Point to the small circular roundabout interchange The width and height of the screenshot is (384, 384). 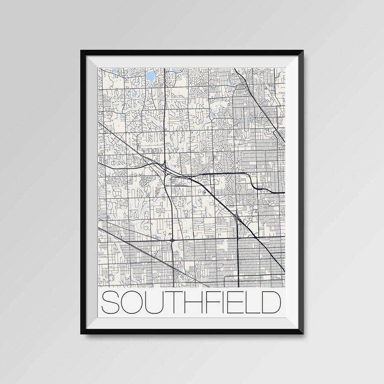[x=173, y=239]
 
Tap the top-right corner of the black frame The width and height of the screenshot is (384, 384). [x=307, y=47]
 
